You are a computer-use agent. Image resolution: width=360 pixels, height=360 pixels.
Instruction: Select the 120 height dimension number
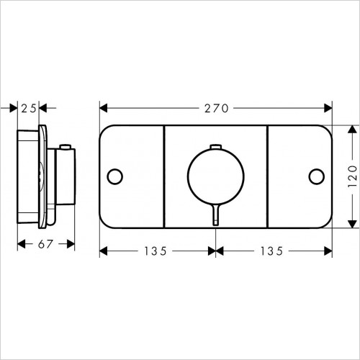tap(351, 176)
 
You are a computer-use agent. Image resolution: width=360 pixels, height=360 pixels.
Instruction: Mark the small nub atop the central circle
tap(215, 148)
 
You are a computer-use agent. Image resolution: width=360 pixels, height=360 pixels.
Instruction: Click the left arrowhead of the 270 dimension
tap(103, 108)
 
